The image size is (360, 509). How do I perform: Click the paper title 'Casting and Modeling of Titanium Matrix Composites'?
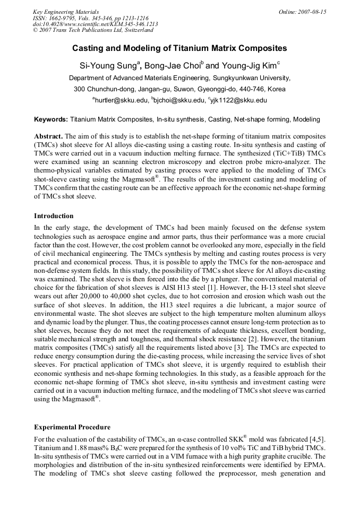pyautogui.click(x=179, y=48)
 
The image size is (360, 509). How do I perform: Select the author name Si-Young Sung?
pyautogui.click(x=109, y=66)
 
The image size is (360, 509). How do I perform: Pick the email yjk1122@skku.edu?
pyautogui.click(x=237, y=100)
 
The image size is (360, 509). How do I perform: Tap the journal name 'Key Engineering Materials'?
pyautogui.click(x=66, y=12)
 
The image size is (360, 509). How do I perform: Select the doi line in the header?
pyautogui.click(x=95, y=24)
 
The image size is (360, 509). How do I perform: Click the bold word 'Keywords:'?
pyautogui.click(x=51, y=120)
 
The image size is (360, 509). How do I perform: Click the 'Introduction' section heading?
pyautogui.click(x=54, y=216)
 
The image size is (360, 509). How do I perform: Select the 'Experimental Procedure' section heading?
pyautogui.click(x=72, y=427)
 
